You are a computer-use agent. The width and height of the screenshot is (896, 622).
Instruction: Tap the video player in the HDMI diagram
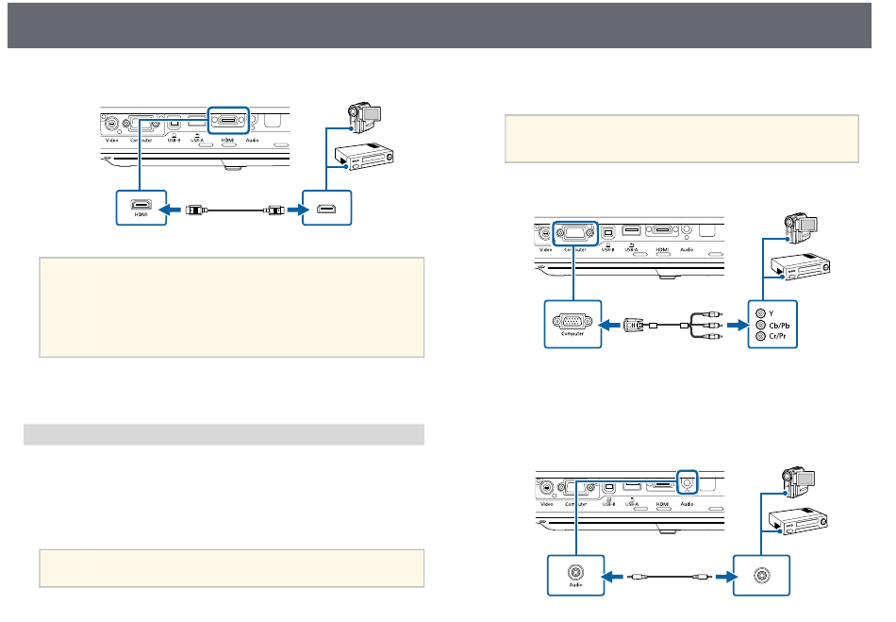click(363, 157)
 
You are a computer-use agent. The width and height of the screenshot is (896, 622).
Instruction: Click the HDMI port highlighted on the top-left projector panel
click(227, 121)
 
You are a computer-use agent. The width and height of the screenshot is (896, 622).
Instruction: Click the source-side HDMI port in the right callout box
click(325, 207)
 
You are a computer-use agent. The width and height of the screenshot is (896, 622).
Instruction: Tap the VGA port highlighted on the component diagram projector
click(573, 231)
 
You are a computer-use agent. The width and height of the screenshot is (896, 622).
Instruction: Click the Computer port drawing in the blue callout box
click(572, 320)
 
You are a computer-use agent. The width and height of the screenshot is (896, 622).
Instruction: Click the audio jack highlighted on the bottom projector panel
click(688, 481)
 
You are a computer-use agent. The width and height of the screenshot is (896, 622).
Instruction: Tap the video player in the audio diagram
click(800, 521)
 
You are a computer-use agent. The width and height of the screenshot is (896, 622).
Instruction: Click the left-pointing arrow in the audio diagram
click(614, 573)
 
